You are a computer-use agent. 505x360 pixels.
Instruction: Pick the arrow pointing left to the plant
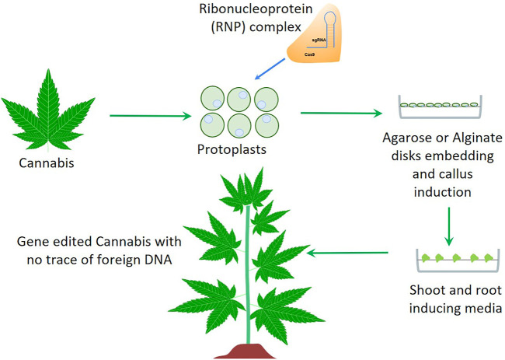(x=348, y=253)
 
